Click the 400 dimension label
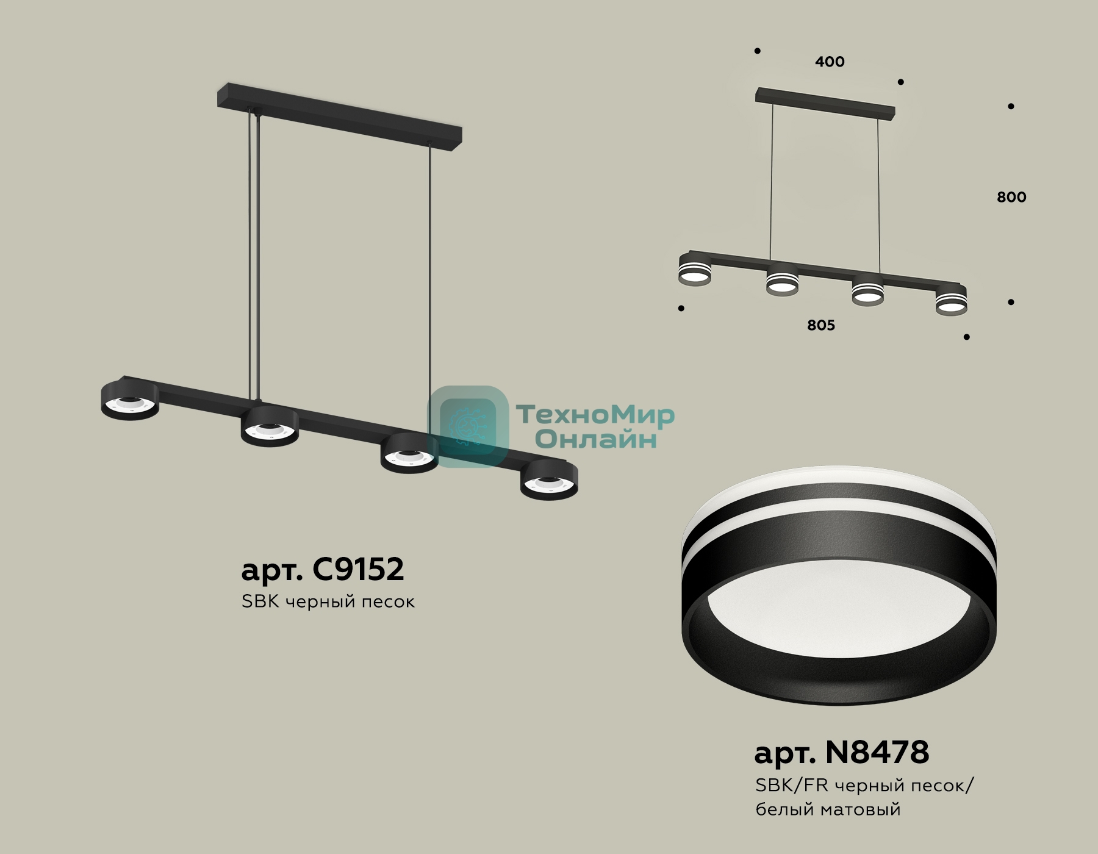[x=830, y=62]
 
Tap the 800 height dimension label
[x=1011, y=197]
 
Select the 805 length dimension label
[x=820, y=325]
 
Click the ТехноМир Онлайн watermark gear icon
[x=468, y=427]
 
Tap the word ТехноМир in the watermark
[x=595, y=415]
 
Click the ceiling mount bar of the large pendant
[x=339, y=118]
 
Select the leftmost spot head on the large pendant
[x=130, y=400]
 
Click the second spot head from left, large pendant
[x=270, y=426]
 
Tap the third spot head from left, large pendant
[x=409, y=453]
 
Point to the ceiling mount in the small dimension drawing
[x=825, y=103]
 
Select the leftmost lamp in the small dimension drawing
[x=695, y=269]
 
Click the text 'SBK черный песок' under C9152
[x=328, y=601]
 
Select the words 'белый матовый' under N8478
[x=828, y=809]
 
